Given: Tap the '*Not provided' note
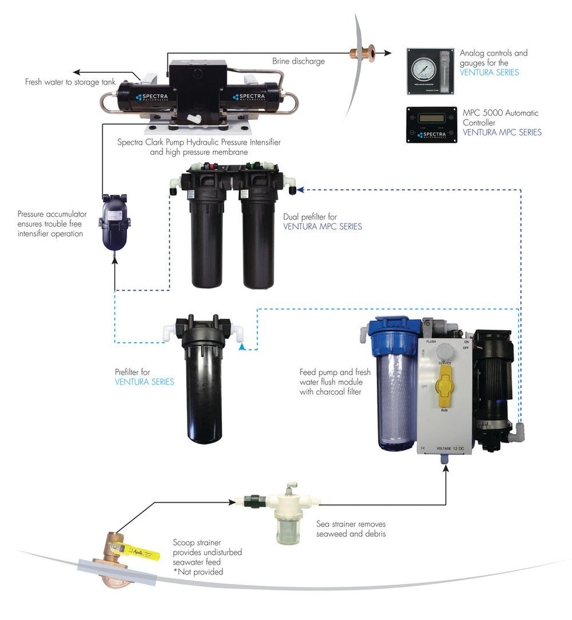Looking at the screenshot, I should [x=198, y=572].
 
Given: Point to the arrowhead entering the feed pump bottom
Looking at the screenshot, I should [x=447, y=468].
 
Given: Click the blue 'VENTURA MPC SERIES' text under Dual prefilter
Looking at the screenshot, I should [x=322, y=226].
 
